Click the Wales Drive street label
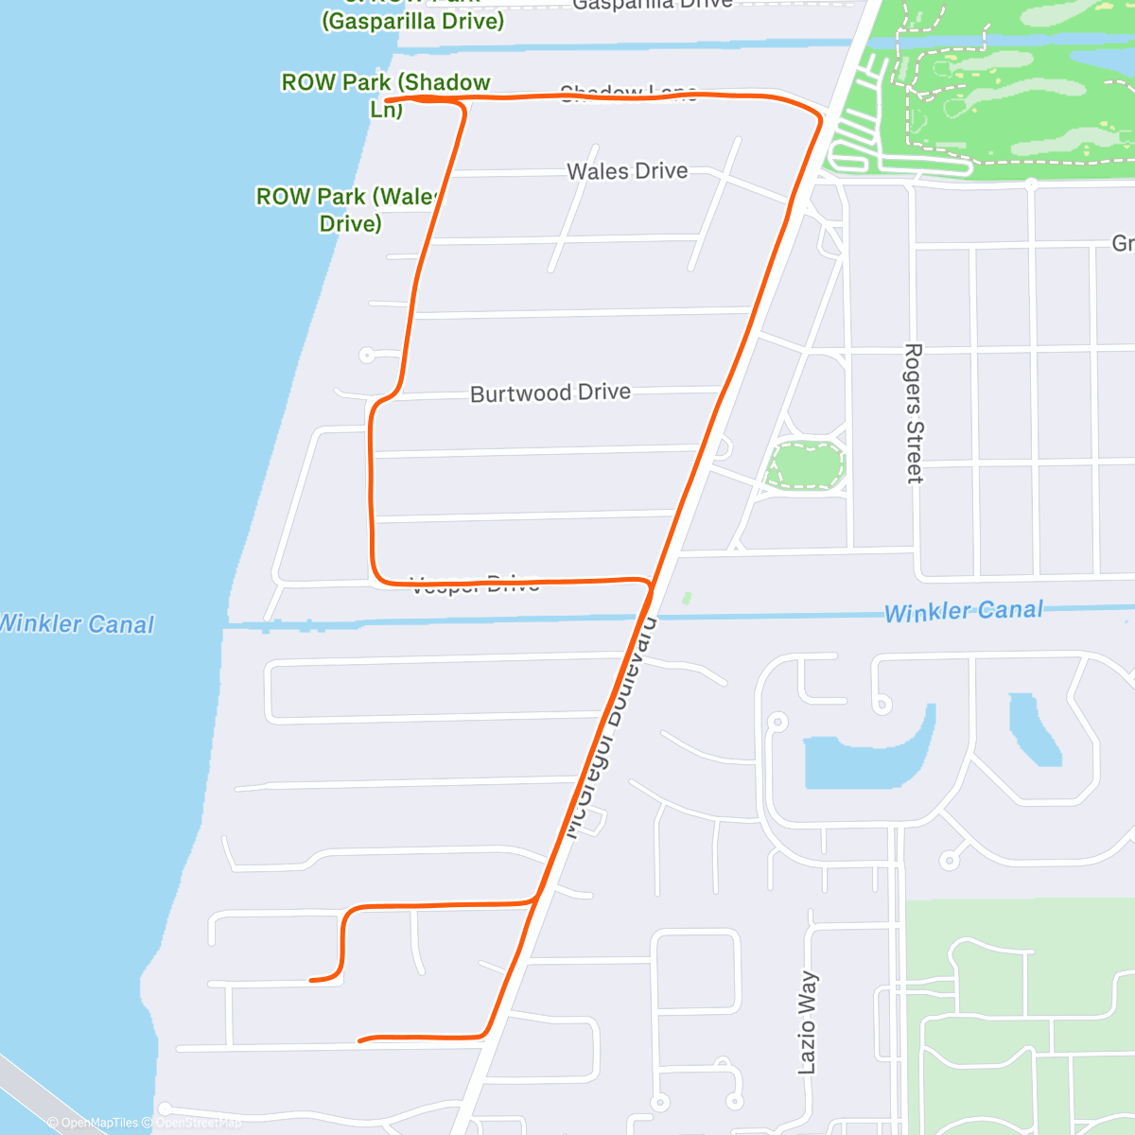[627, 171]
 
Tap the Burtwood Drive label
[550, 393]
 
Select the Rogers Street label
[914, 413]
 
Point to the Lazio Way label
[807, 1022]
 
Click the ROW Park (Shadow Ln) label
[386, 95]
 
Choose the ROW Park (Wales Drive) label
[350, 210]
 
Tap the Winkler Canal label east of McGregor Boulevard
[963, 611]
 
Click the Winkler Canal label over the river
[76, 624]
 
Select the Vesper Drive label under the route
[476, 585]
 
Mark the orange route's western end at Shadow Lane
[387, 99]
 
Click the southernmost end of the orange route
[360, 1041]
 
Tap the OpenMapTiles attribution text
[93, 1123]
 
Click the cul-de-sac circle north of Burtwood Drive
[366, 356]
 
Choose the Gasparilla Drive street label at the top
[653, 4]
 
